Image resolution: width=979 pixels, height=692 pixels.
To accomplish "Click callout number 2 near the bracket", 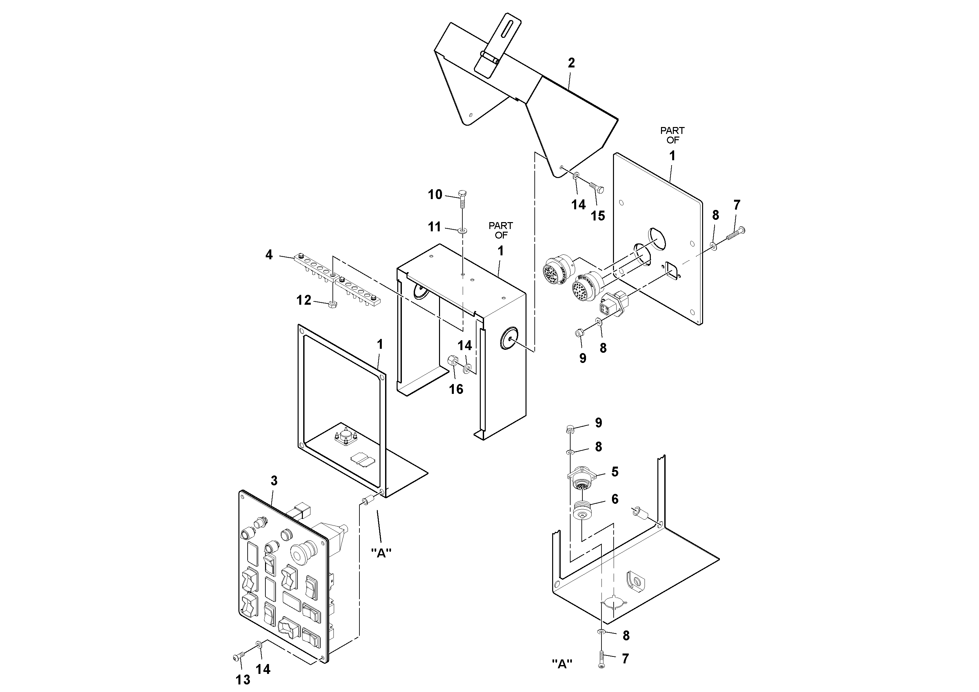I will [571, 63].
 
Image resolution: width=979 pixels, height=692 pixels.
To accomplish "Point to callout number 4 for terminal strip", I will [269, 255].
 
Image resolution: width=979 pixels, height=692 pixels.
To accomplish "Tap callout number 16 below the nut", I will [456, 389].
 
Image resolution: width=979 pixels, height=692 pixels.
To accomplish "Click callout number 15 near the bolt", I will [598, 216].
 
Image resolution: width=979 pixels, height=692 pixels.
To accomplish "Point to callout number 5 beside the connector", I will [615, 472].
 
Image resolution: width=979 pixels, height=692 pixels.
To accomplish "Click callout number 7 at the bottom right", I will [625, 659].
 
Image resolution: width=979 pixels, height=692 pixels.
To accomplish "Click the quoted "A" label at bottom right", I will [562, 664].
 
